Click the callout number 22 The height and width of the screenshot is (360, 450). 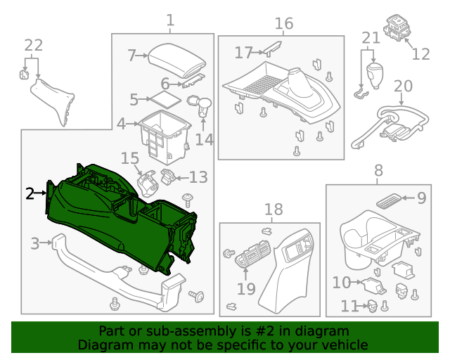[x=33, y=46]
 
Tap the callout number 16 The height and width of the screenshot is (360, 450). [x=283, y=24]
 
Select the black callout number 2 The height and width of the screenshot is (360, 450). [x=30, y=193]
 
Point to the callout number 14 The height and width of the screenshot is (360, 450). [x=204, y=139]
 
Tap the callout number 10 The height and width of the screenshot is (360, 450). [x=342, y=283]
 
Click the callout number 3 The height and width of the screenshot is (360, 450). [x=34, y=244]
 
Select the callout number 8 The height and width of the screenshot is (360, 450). [x=378, y=170]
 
